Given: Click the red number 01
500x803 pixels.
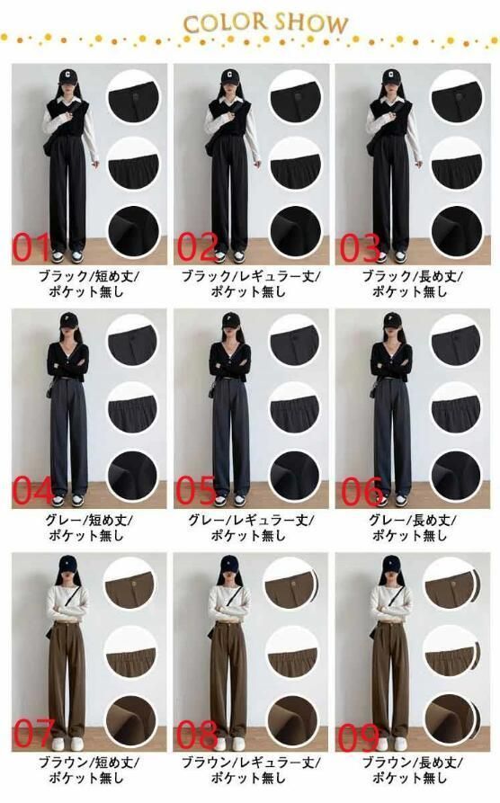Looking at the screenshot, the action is pos(31,247).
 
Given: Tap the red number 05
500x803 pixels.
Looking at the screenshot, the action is pos(196,490).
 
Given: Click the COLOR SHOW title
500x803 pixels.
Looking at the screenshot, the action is pos(266,23).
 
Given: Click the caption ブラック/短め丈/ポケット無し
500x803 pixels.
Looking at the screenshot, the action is pos(88,284).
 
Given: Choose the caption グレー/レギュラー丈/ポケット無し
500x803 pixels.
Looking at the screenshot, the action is pos(250,528).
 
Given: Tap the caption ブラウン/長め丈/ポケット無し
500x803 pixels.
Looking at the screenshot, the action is pos(411,771).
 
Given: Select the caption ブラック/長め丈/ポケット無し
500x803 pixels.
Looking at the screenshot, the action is pos(411,284).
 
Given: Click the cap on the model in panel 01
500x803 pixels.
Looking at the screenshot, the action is pos(67,76).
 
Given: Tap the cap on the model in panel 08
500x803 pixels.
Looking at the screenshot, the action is pos(230,564).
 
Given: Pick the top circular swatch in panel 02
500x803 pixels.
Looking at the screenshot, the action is pos(295,97).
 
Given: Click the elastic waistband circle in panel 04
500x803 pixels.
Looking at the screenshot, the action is pos(132,407).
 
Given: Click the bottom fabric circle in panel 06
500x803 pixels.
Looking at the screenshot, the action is pos(455,476).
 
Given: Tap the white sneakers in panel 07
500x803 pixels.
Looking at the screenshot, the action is pos(67,744).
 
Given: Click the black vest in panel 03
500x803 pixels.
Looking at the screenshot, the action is pos(391,117).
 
